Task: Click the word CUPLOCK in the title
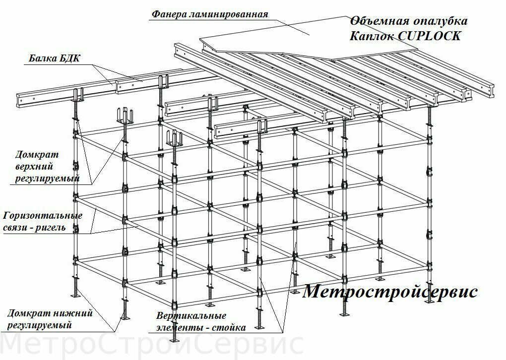[x=429, y=36]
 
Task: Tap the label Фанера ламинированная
[x=210, y=14]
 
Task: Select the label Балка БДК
[x=54, y=59]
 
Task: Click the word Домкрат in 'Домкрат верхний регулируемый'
[x=37, y=155]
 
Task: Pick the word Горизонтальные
[x=43, y=216]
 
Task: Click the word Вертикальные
[x=191, y=315]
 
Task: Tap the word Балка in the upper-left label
[x=42, y=59]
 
